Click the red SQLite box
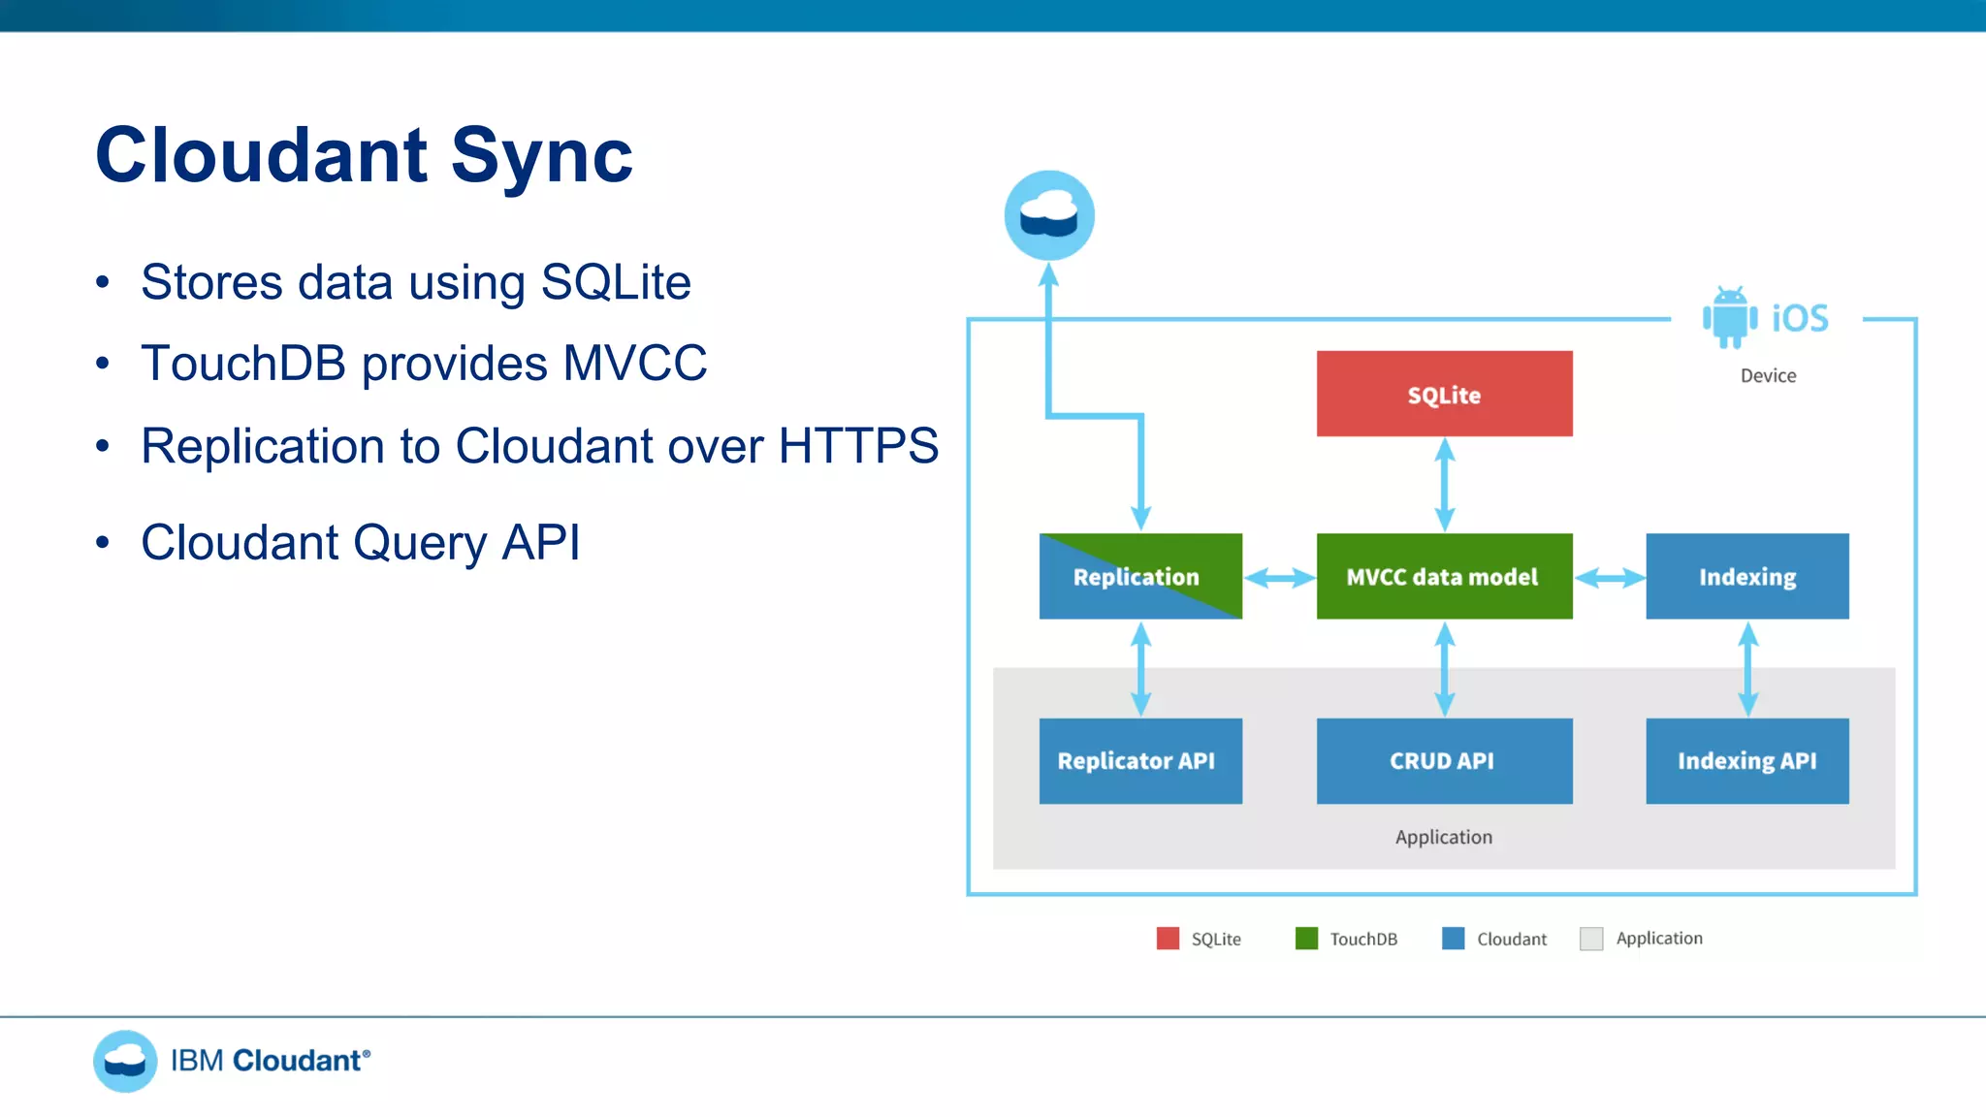pos(1444,394)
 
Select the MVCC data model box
pos(1444,576)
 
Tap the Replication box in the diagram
pos(1140,576)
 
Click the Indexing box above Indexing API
pos(1746,576)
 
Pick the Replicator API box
pos(1140,760)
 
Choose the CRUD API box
pos(1444,760)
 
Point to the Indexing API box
pos(1746,760)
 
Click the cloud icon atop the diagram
pos(1049,215)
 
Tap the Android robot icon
pos(1730,317)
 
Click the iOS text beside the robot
pos(1800,318)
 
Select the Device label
pos(1768,376)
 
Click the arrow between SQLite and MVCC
pos(1445,484)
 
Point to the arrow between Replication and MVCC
pos(1279,578)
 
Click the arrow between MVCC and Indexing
pos(1610,578)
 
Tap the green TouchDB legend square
pos(1306,938)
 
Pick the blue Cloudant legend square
pos(1453,938)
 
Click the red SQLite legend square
pos(1168,938)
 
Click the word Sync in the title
pos(541,155)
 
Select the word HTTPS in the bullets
pos(858,446)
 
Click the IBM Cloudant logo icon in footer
pos(125,1061)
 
